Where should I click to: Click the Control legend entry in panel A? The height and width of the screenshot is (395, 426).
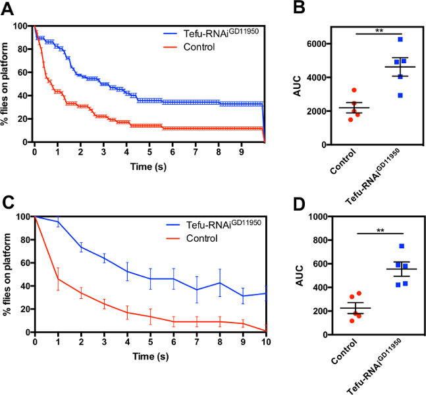[x=199, y=46]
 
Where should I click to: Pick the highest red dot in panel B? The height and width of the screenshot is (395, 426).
[x=354, y=90]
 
